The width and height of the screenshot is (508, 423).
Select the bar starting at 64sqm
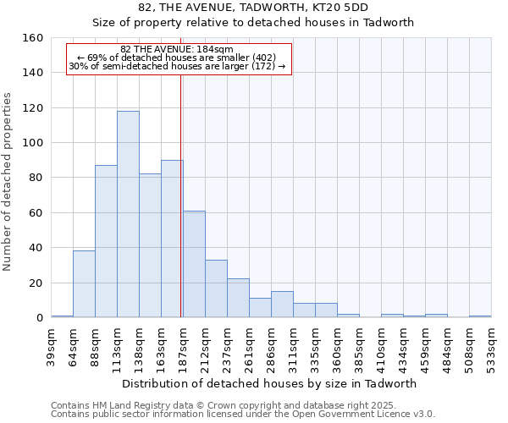tap(84, 284)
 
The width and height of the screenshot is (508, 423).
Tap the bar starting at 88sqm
tap(106, 241)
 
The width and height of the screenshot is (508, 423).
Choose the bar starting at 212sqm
tap(216, 288)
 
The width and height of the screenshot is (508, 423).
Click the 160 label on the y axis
tap(34, 38)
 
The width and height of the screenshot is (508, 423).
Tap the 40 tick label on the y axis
tap(36, 248)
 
